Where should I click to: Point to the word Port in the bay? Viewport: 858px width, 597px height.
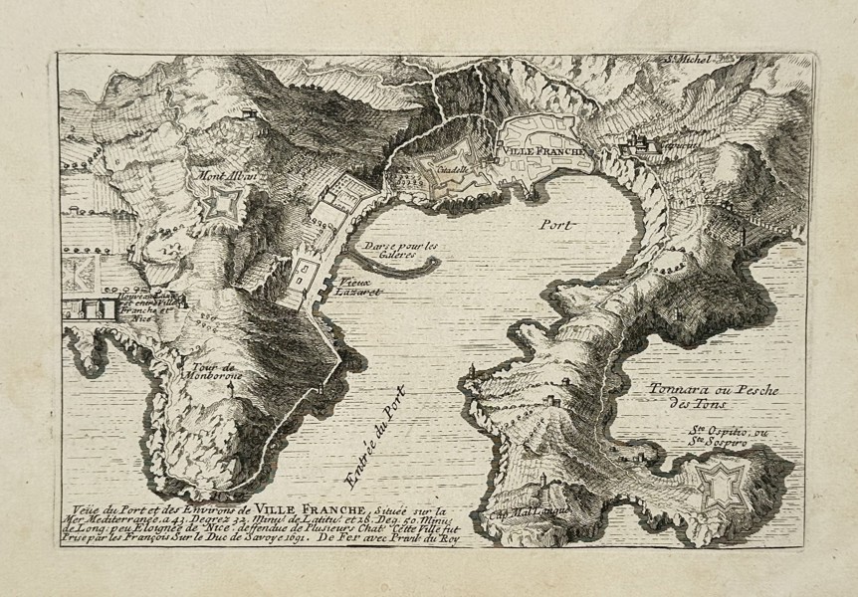(x=557, y=225)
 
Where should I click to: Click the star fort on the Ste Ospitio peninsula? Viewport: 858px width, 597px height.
(x=720, y=486)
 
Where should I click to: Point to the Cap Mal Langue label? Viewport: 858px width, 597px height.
(x=513, y=514)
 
